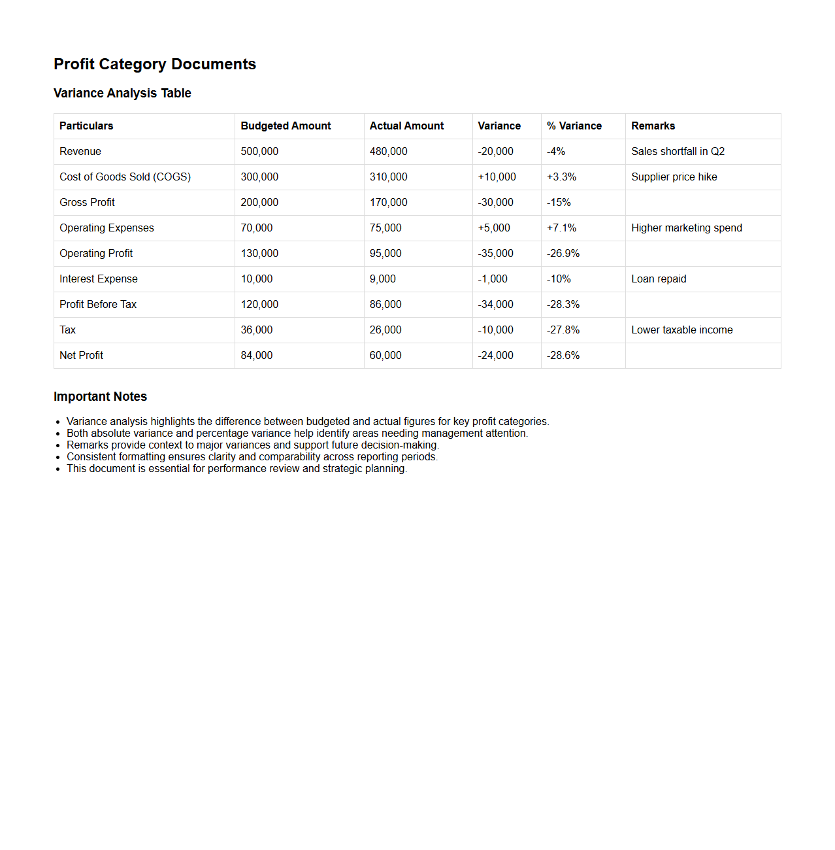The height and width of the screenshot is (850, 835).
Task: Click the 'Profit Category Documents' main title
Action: pos(155,64)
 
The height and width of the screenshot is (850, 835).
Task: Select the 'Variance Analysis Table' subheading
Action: pos(122,93)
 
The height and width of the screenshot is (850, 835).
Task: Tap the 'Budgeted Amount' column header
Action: pos(286,126)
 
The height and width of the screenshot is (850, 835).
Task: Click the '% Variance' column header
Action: pos(574,126)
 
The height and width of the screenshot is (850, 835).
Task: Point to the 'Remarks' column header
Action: pos(653,126)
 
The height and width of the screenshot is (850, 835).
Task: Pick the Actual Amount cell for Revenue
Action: pos(388,152)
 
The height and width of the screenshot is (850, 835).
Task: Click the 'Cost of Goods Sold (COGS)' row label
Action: pos(125,177)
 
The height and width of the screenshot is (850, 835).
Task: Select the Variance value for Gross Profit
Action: pos(495,203)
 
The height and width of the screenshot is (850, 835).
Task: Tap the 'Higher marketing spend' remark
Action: pos(686,228)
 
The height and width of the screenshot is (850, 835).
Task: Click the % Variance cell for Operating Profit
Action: pos(563,254)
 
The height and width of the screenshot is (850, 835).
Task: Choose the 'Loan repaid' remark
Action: pos(659,279)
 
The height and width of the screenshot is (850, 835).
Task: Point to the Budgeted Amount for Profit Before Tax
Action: pos(259,305)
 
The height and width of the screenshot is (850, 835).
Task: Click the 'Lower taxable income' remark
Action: pos(681,330)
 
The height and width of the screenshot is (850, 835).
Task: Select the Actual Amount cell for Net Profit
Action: pos(385,356)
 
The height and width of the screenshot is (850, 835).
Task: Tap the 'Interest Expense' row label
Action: pos(99,279)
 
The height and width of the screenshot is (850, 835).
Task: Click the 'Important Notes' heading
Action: pos(100,397)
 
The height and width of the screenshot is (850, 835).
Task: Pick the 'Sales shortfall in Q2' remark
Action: pos(678,152)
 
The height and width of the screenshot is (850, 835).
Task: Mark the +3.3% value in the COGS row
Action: pos(561,177)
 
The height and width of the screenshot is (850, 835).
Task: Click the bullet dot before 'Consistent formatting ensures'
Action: pos(58,458)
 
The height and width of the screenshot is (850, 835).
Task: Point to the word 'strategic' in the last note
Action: pos(342,469)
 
